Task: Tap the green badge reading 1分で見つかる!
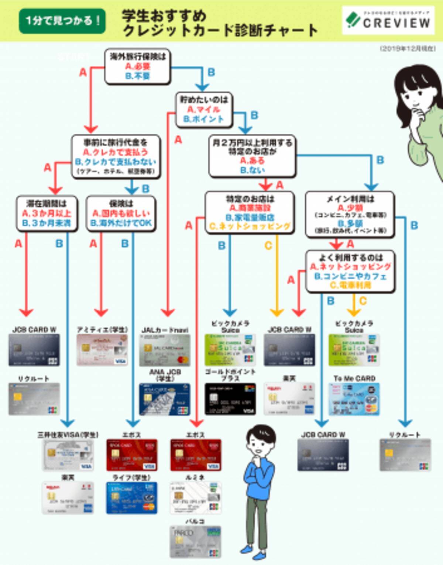(62, 21)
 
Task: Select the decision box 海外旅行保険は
(138, 66)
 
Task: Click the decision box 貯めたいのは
(204, 110)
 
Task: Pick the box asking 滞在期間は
(47, 214)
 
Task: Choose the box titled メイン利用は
(350, 215)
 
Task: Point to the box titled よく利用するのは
(350, 271)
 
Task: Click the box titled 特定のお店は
(250, 213)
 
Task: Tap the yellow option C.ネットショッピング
(250, 226)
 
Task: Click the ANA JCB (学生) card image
(165, 399)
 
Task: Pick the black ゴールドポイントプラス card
(230, 399)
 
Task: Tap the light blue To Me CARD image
(354, 399)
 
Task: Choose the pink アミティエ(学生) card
(102, 350)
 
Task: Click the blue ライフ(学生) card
(132, 498)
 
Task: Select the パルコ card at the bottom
(195, 542)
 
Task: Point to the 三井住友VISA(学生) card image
(68, 455)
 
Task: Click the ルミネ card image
(195, 498)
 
